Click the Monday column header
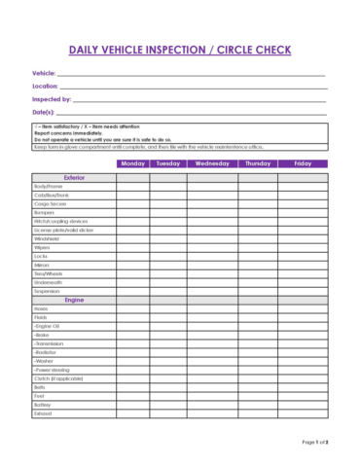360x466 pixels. (x=133, y=164)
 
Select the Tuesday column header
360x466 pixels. (x=168, y=164)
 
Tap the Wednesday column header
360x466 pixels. (x=212, y=164)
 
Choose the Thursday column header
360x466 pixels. (x=258, y=164)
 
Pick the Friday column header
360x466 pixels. (x=303, y=164)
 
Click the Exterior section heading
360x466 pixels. (x=74, y=177)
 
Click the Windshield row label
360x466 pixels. (x=47, y=238)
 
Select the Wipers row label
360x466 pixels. (x=41, y=247)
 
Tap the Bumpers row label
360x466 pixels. (x=44, y=212)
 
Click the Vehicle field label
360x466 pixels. (x=44, y=73)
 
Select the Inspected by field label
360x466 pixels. (x=52, y=99)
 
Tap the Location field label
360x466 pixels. (x=46, y=87)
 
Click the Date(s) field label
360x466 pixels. (x=45, y=112)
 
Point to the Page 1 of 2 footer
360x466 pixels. (x=315, y=441)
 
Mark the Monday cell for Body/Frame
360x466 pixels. (x=133, y=186)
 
